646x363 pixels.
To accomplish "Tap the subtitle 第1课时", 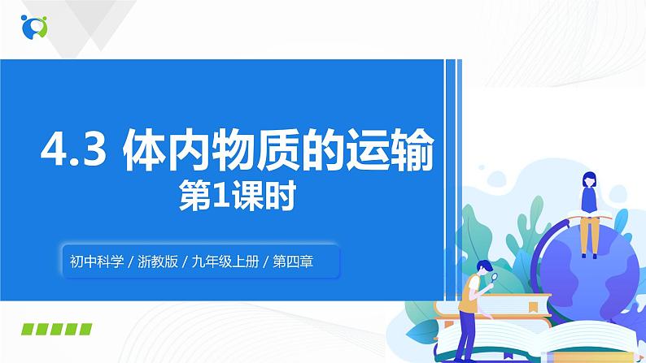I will click(x=237, y=196).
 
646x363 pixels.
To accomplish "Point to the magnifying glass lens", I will click(x=495, y=278).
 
